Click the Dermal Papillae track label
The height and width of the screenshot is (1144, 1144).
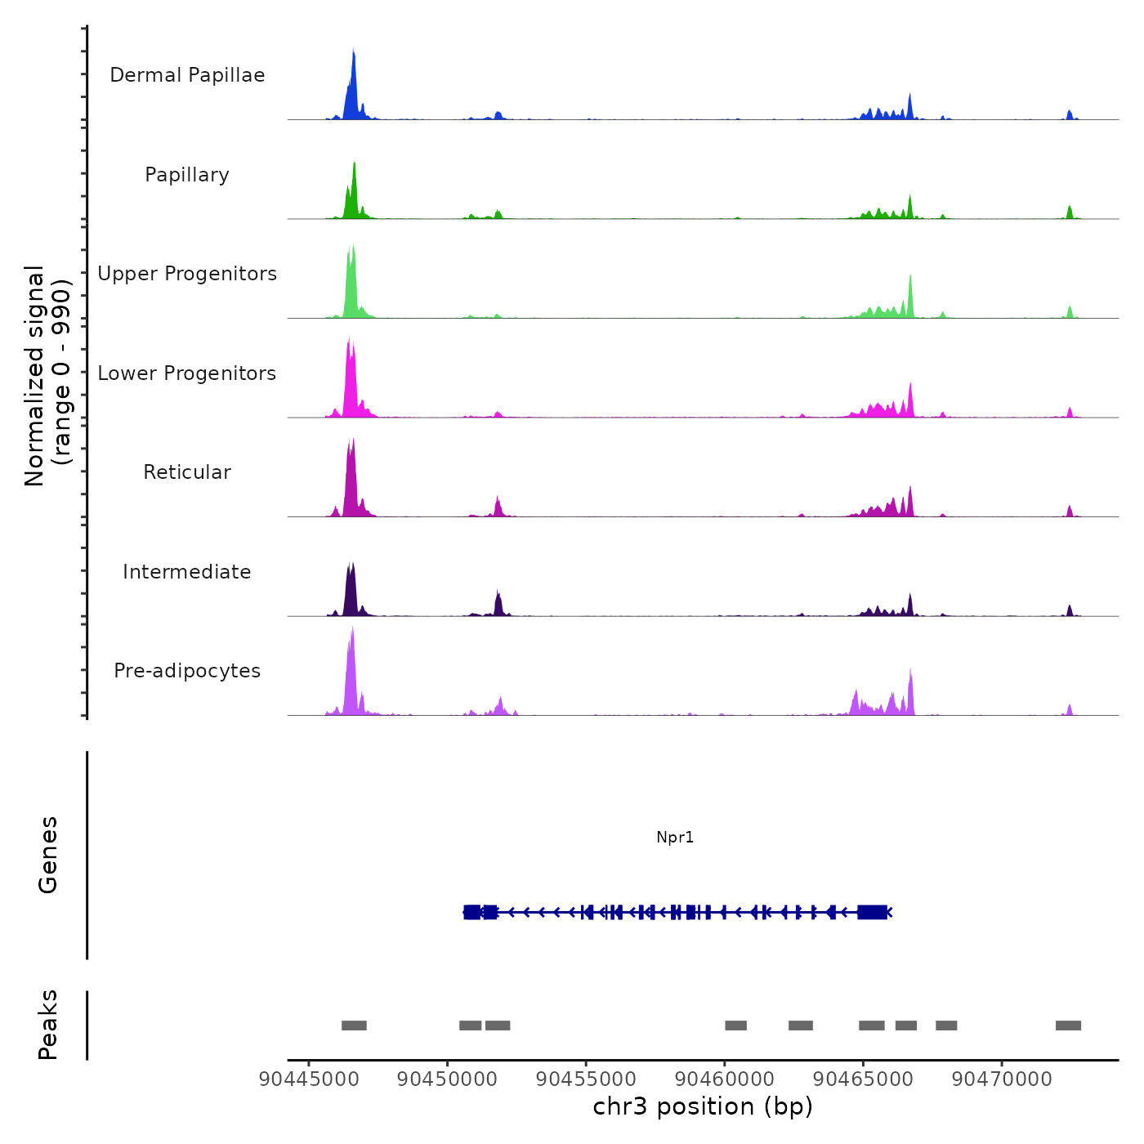tap(187, 75)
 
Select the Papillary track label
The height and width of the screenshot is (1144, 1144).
tap(187, 175)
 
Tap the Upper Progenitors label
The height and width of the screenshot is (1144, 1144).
tap(187, 274)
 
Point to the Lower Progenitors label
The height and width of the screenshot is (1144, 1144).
tap(187, 373)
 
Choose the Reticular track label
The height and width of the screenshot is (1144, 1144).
tap(187, 472)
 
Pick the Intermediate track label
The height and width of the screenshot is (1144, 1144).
tap(187, 572)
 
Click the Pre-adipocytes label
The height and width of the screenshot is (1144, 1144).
tap(187, 671)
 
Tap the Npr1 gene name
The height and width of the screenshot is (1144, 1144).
tap(675, 837)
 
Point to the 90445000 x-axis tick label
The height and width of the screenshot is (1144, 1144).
tap(309, 1079)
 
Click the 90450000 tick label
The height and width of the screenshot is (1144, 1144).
tap(447, 1079)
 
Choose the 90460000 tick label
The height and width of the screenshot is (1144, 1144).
tap(724, 1079)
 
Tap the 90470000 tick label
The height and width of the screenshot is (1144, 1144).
tap(1002, 1079)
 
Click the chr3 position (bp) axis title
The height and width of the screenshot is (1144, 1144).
tap(703, 1106)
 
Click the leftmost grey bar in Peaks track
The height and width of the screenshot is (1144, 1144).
tap(354, 1026)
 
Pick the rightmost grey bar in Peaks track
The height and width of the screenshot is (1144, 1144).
tap(1068, 1026)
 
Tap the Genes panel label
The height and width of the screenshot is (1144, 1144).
tap(48, 855)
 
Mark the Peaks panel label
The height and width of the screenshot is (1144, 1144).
tap(48, 1025)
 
